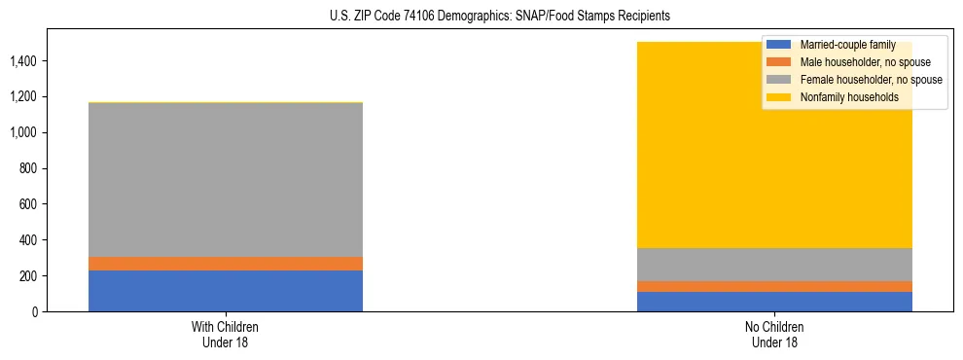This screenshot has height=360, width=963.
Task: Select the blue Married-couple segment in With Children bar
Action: pyautogui.click(x=226, y=291)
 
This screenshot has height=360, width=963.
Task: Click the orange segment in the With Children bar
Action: pyautogui.click(x=226, y=264)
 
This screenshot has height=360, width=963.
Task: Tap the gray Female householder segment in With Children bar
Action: pyautogui.click(x=226, y=180)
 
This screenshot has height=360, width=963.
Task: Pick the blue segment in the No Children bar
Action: pyautogui.click(x=774, y=302)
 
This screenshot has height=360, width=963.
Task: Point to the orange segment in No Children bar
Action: pyautogui.click(x=774, y=286)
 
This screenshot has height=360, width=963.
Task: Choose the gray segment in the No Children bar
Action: pyautogui.click(x=774, y=265)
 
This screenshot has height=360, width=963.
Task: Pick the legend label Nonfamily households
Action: pyautogui.click(x=841, y=97)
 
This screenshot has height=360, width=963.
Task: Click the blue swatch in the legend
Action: pyautogui.click(x=779, y=45)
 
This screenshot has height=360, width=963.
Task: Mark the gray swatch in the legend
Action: pyautogui.click(x=779, y=80)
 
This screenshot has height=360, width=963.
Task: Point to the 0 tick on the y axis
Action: pyautogui.click(x=33, y=312)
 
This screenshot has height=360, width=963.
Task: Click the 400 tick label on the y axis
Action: pyautogui.click(x=26, y=240)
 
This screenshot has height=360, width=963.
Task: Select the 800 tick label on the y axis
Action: pyautogui.click(x=26, y=168)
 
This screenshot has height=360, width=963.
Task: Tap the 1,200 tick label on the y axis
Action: pyautogui.click(x=22, y=97)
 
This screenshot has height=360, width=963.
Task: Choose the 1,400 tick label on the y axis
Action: pyautogui.click(x=22, y=61)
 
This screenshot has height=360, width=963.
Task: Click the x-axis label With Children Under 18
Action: pyautogui.click(x=226, y=335)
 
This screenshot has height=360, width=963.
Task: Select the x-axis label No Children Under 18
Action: pyautogui.click(x=774, y=335)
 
